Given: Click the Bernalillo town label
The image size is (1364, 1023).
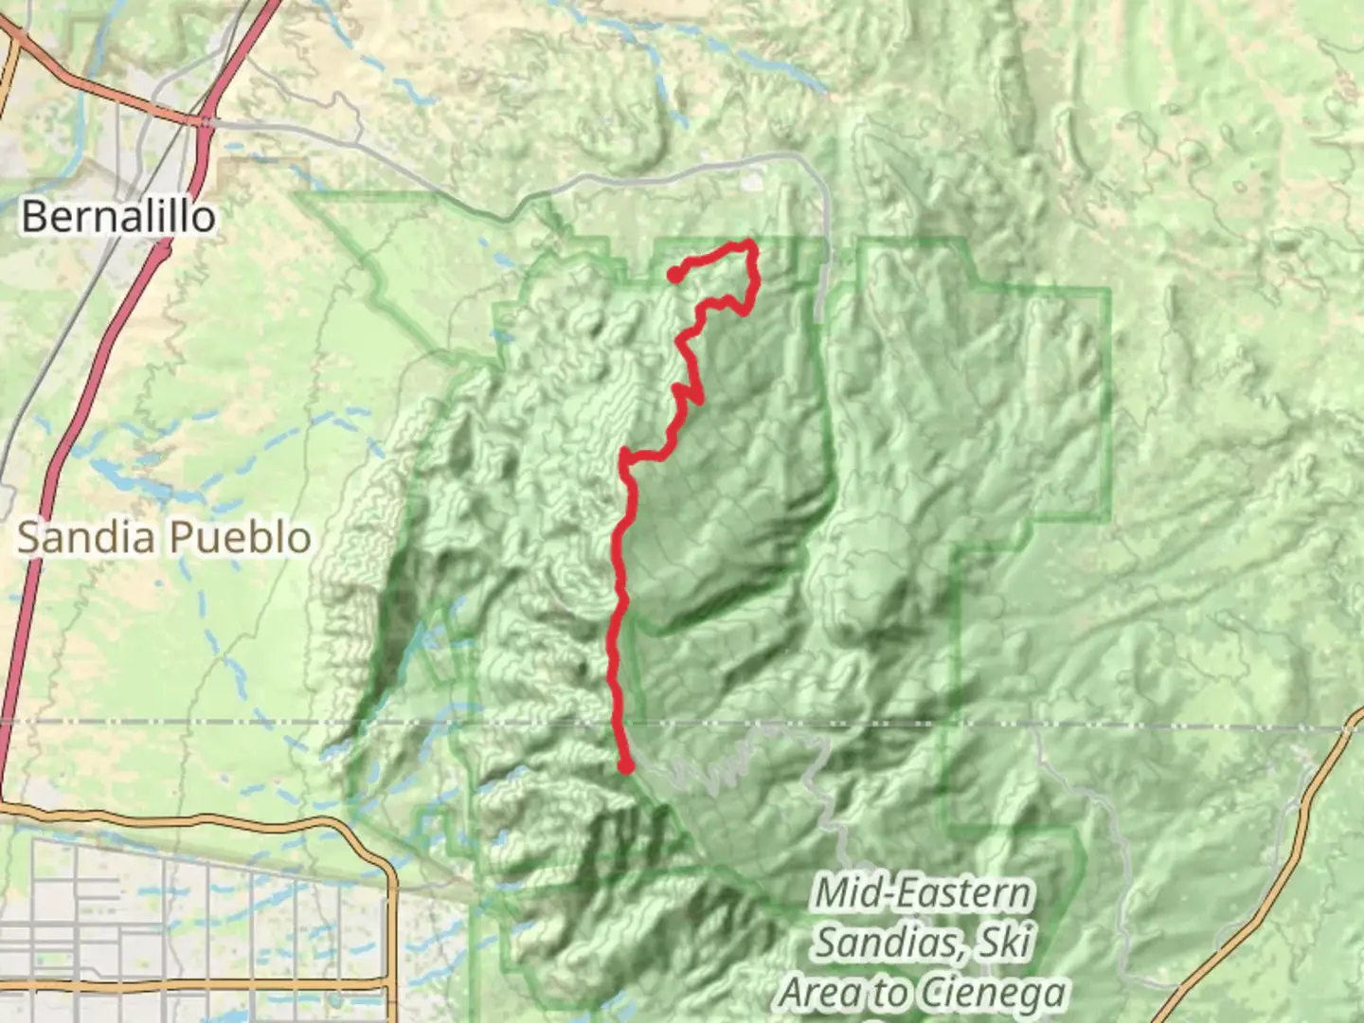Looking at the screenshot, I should (x=118, y=217).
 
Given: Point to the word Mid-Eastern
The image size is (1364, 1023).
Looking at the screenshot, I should (x=922, y=893).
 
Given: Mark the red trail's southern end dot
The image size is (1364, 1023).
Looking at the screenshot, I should (x=625, y=766).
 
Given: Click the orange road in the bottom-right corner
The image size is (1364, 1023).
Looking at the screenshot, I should (x=1260, y=900).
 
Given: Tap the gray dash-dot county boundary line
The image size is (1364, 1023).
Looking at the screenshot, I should (x=1137, y=727).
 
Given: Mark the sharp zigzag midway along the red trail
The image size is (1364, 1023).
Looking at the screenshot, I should (x=684, y=392).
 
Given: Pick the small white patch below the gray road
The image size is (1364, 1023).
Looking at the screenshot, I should (x=754, y=177).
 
